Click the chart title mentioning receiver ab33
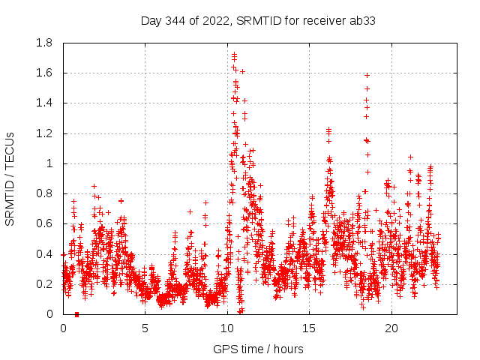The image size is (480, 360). point(258,20)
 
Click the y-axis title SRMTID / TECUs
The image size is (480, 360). point(10,178)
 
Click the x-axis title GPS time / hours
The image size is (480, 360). point(258,349)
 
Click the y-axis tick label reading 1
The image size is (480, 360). point(52,163)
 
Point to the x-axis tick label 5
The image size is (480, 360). point(145,328)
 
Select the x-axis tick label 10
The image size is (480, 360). point(227,328)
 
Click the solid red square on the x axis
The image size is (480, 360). point(77,314)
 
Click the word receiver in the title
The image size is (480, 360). point(326,20)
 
